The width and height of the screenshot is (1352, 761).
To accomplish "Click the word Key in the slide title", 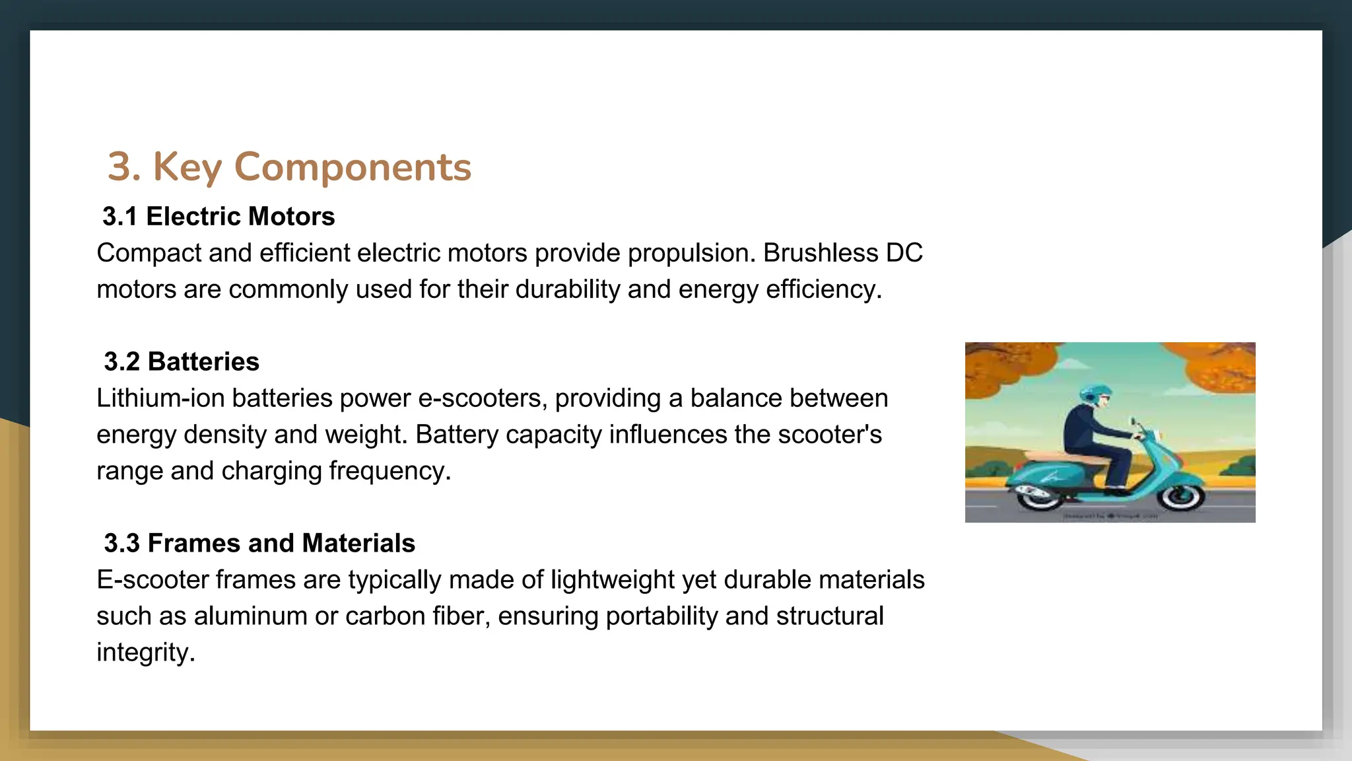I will coord(187,166).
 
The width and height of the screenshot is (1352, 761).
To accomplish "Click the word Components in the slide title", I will coord(353,166).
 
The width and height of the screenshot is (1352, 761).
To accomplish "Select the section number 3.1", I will coord(120,217).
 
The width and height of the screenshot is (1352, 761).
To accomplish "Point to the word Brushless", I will coord(821,253).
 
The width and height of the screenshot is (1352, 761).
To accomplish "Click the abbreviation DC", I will coord(904,253).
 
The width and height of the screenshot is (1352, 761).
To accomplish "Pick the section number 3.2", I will coord(122,362).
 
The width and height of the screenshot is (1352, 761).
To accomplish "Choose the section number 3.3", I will coord(122,544).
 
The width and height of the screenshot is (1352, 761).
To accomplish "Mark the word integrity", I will coord(145,653).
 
